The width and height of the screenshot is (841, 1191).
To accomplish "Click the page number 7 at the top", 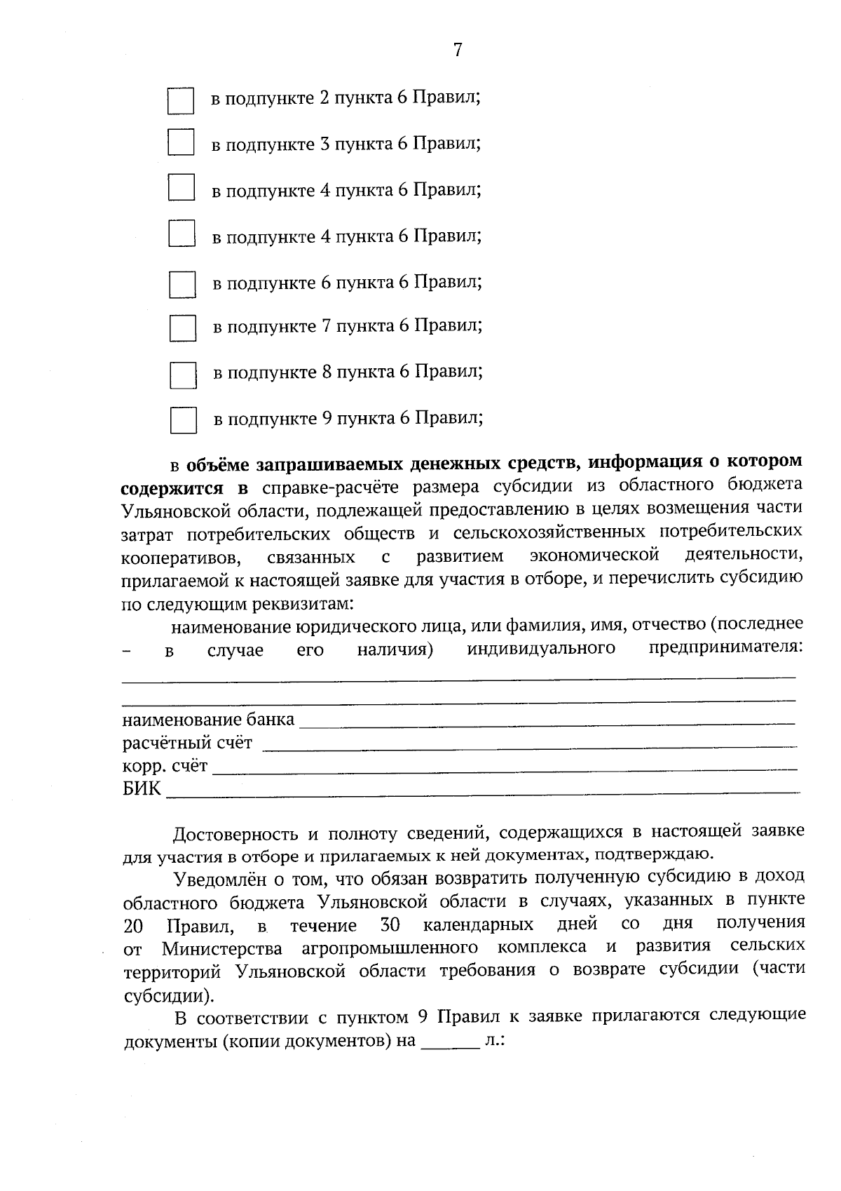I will tap(457, 50).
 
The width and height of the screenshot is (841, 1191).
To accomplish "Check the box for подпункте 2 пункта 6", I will tap(181, 101).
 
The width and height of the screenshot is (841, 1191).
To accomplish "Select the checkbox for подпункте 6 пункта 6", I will tap(182, 285).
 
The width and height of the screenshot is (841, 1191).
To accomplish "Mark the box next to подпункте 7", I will tap(183, 328).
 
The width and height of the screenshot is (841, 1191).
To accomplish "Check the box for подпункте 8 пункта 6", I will tap(183, 375).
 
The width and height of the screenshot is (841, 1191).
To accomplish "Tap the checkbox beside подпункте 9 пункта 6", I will tap(184, 420).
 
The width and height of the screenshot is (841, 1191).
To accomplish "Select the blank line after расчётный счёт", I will tap(529, 745).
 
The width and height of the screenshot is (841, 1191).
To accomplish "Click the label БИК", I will tap(142, 789).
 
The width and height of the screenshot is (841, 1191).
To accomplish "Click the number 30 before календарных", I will tap(390, 924).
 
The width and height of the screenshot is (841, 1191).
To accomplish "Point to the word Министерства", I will tap(222, 949).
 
